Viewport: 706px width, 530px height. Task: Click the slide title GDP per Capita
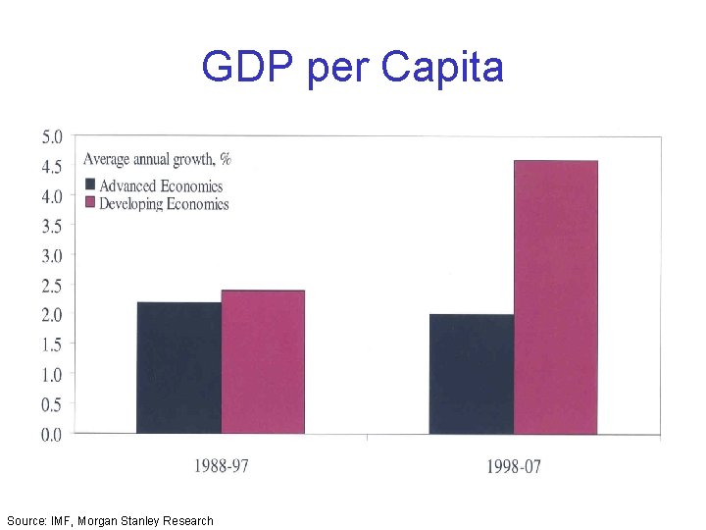[x=352, y=68]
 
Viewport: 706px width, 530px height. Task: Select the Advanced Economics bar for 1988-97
[x=178, y=368]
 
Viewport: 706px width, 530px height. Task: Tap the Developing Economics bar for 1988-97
[x=263, y=362]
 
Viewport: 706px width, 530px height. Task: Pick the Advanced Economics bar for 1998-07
[x=471, y=374]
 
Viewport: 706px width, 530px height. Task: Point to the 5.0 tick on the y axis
[x=51, y=136]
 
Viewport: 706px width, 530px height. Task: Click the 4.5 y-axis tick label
[x=51, y=166]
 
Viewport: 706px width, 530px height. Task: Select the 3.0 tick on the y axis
[x=51, y=255]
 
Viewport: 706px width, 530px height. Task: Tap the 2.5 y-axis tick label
[x=51, y=286]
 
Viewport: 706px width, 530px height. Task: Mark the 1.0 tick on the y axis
[x=51, y=374]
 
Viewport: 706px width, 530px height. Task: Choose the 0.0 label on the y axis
[x=51, y=434]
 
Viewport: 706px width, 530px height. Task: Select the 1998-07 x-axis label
[x=512, y=465]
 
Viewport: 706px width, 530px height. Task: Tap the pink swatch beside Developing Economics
[x=90, y=203]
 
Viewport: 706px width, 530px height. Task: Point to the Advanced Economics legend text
[x=161, y=185]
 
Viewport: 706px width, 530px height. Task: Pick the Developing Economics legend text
[x=164, y=204]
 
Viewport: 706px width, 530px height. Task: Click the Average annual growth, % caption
[x=157, y=159]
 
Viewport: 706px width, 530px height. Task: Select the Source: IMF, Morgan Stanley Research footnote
[x=110, y=520]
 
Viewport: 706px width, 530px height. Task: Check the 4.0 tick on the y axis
[x=51, y=196]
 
